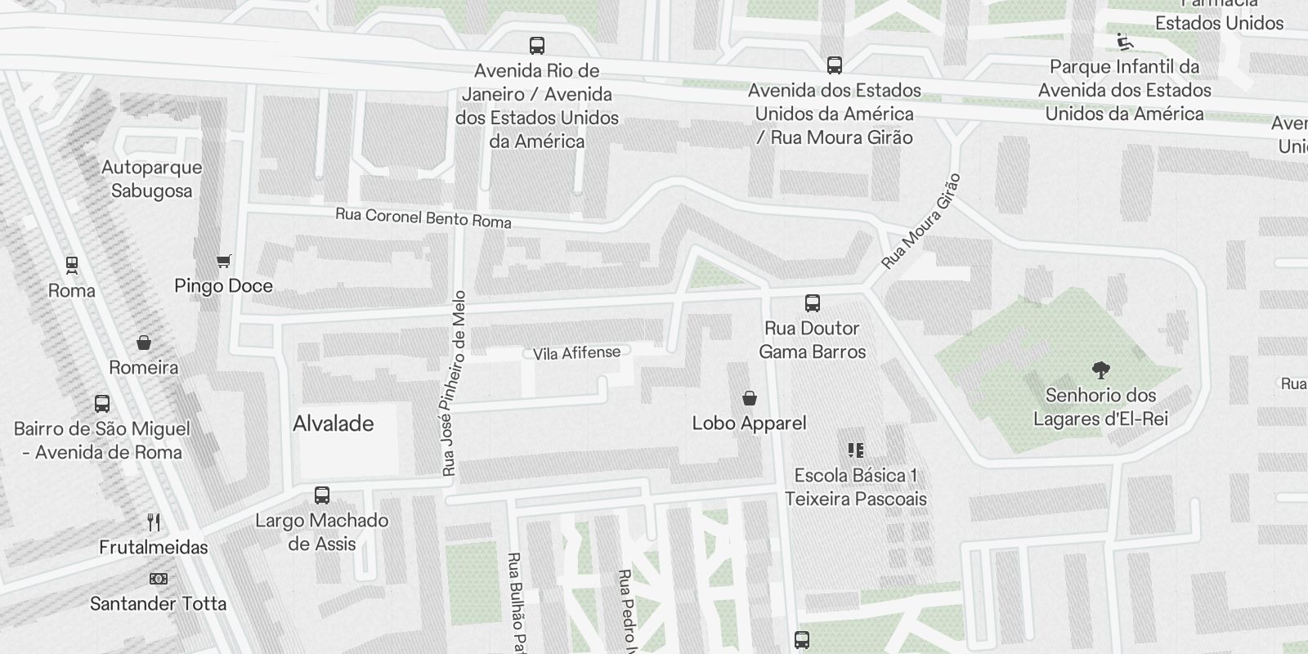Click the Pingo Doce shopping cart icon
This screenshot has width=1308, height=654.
[x=224, y=262]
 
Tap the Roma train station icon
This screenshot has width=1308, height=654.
[x=72, y=265]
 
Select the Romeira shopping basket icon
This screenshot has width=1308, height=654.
[x=144, y=343]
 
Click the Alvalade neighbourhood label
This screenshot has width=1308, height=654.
[x=334, y=423]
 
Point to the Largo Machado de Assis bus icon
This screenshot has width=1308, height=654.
[x=322, y=495]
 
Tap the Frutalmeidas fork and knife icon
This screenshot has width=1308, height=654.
[x=154, y=522]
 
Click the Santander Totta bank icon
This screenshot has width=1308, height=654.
[x=159, y=579]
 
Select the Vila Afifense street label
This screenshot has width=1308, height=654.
[x=576, y=353]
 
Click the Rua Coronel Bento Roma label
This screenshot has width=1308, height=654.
[x=423, y=218]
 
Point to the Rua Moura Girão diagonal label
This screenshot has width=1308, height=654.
[x=921, y=222]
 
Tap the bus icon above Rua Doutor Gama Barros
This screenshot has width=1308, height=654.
[x=813, y=303]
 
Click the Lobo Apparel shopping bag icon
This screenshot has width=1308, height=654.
[x=750, y=398]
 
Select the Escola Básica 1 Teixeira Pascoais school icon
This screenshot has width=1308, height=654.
[x=856, y=450]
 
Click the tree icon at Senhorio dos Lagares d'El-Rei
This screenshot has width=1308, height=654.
[x=1101, y=370]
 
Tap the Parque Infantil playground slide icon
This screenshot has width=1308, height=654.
[x=1125, y=42]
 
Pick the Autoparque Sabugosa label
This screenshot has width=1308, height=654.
[x=152, y=179]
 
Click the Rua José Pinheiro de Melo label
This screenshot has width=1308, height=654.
[x=454, y=384]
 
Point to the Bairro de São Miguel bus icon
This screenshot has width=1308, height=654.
[x=102, y=404]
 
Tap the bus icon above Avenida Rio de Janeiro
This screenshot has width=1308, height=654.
[x=537, y=46]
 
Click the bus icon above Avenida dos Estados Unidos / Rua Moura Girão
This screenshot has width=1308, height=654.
[x=835, y=65]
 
